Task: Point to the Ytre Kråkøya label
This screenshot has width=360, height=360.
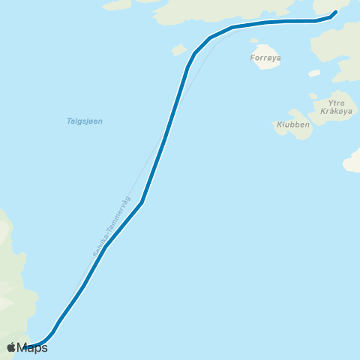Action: point(335,106)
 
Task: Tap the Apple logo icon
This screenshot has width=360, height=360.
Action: point(11,347)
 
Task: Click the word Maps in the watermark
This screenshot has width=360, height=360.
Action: point(32,347)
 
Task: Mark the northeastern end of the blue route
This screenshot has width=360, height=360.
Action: point(334,12)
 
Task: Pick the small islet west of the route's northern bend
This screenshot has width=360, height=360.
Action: point(179,50)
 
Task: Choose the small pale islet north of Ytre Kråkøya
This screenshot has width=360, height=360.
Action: point(314,73)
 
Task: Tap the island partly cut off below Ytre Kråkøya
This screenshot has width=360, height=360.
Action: point(352,160)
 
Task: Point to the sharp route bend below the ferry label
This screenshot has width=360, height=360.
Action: point(141,202)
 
